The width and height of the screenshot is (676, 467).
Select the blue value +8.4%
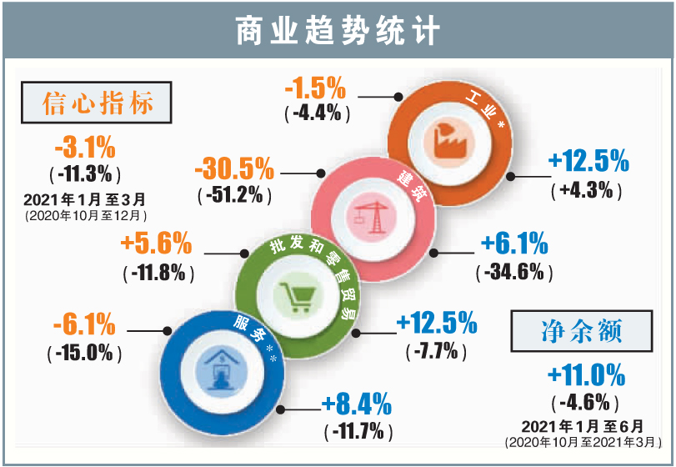click(357, 406)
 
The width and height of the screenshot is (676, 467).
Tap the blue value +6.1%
click(514, 244)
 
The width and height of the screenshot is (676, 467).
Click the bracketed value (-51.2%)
click(234, 196)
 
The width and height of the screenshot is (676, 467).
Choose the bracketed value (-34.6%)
click(514, 271)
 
